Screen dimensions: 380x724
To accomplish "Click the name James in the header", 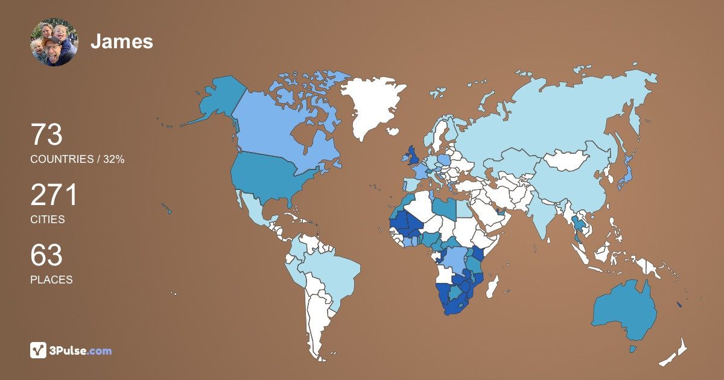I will (122, 42).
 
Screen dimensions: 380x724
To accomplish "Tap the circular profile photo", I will (54, 42).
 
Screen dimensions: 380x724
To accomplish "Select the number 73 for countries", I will (46, 135).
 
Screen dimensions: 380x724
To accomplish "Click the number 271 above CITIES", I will (54, 195).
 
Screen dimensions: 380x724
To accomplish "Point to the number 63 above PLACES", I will (46, 256).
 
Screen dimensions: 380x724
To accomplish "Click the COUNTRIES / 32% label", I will (77, 159).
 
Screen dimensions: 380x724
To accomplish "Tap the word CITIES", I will (48, 220).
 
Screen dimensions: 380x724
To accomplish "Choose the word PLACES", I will (51, 280).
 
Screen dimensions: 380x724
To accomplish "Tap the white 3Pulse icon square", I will (39, 350).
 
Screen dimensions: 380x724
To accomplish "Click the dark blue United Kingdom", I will (414, 156).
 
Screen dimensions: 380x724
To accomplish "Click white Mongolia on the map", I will (567, 160).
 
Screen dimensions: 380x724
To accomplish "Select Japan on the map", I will (626, 171).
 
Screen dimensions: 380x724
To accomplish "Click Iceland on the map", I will (393, 131).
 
